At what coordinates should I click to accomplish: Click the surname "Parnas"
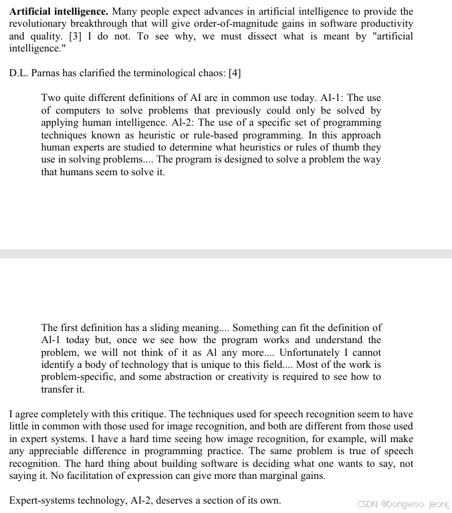[x=47, y=74]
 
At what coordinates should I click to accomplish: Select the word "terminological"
[x=147, y=74]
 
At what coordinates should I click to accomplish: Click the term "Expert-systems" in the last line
[x=41, y=501]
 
